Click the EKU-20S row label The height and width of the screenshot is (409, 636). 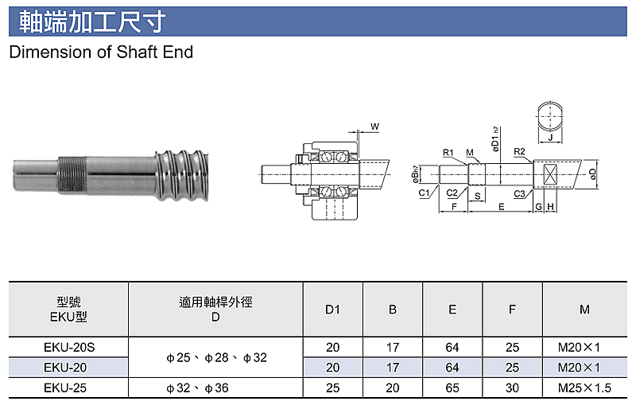click(69, 348)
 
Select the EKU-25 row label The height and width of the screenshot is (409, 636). click(65, 388)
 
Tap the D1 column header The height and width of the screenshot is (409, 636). click(332, 310)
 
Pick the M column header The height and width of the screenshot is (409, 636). click(584, 310)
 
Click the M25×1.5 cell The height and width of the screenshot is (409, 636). click(584, 388)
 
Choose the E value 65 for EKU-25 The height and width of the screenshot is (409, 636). click(452, 388)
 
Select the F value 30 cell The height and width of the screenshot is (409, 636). click(512, 388)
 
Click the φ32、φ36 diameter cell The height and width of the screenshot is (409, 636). click(197, 388)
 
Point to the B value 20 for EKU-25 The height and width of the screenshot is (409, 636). click(393, 388)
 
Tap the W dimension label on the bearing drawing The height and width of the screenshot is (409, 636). click(374, 127)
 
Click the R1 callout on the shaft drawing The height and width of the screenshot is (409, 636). click(448, 153)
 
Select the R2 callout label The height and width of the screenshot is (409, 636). click(519, 151)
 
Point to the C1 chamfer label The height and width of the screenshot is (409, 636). click(424, 193)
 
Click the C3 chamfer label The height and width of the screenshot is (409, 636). click(520, 194)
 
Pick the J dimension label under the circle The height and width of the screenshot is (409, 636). click(550, 138)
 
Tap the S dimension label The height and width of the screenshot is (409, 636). click(478, 197)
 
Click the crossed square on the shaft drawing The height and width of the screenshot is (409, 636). click(550, 174)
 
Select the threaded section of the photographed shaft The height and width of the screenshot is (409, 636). click(72, 174)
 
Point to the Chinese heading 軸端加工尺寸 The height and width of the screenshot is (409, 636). click(92, 21)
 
